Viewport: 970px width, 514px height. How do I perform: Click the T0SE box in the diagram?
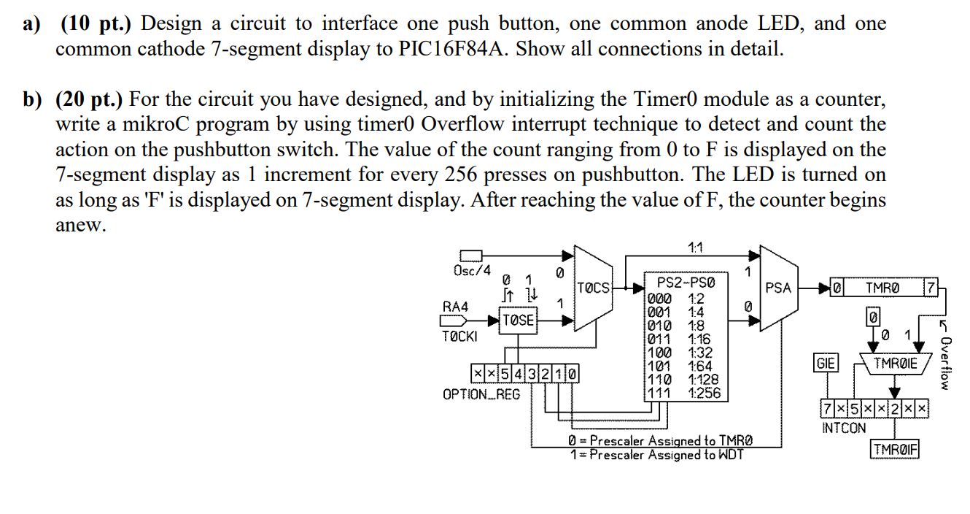(x=519, y=320)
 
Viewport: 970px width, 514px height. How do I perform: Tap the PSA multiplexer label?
(x=778, y=288)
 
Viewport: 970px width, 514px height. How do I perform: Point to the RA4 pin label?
(x=455, y=307)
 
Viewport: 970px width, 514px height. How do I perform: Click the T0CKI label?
(x=459, y=337)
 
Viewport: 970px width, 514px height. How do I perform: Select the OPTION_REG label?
(x=481, y=394)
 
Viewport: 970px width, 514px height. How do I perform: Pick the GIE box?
(x=826, y=362)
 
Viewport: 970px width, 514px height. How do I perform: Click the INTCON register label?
(x=844, y=428)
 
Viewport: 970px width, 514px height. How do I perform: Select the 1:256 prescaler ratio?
(x=703, y=393)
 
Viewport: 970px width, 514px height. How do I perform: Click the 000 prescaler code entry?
(x=660, y=298)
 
